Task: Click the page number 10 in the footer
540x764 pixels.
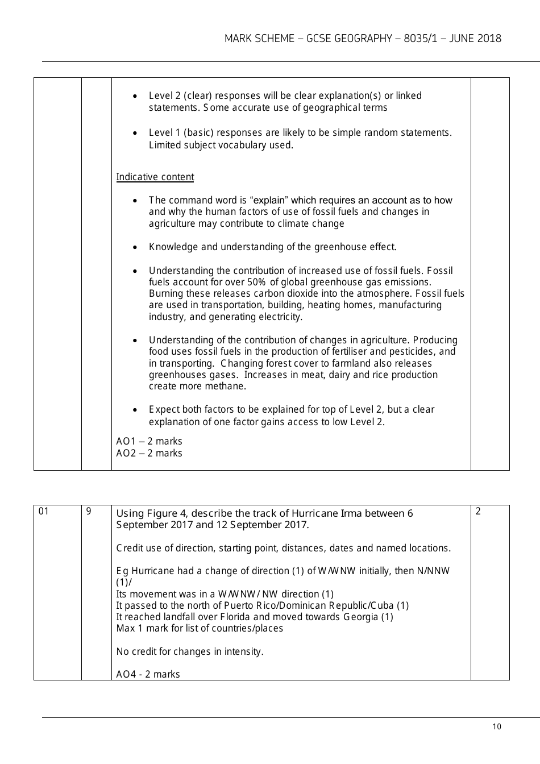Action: (497, 726)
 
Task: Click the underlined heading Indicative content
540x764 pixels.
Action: (155, 177)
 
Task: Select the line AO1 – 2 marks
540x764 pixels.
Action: (149, 441)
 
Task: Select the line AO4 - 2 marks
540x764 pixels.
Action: (148, 674)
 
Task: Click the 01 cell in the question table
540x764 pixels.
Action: (44, 511)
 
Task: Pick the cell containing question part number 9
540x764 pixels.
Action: (89, 511)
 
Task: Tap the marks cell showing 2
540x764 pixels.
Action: (478, 511)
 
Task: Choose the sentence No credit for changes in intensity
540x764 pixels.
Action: (190, 651)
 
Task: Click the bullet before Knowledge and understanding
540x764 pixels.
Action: (135, 247)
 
